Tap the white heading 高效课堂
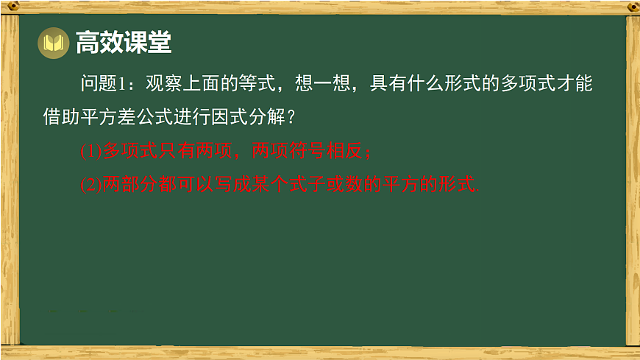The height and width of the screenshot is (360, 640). click(x=124, y=43)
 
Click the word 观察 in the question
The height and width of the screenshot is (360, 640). click(x=163, y=84)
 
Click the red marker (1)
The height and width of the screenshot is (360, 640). click(x=90, y=152)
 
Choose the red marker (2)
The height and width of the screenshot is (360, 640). click(x=90, y=185)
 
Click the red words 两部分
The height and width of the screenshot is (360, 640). click(x=128, y=185)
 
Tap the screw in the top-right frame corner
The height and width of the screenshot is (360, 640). click(x=631, y=7)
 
